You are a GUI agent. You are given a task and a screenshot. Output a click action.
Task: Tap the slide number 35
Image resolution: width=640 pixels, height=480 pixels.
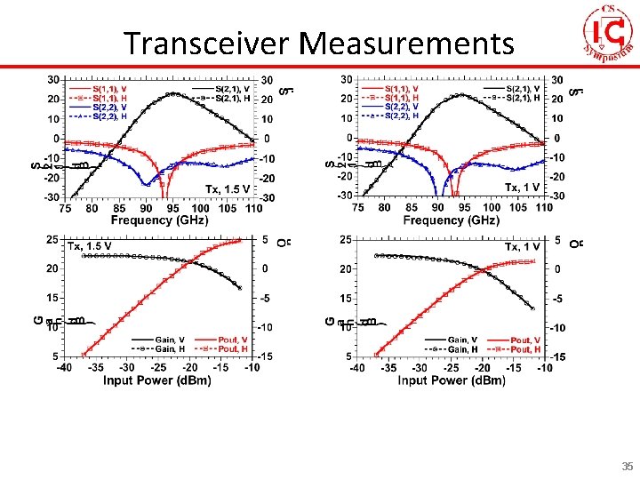tap(628, 467)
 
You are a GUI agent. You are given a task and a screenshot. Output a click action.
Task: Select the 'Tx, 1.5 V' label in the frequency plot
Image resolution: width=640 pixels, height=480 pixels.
tap(228, 189)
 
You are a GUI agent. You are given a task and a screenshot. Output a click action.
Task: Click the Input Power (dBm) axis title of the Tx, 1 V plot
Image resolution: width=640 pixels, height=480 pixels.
tap(452, 380)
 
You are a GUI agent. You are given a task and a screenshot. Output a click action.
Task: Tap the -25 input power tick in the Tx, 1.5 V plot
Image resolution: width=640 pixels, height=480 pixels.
tap(159, 368)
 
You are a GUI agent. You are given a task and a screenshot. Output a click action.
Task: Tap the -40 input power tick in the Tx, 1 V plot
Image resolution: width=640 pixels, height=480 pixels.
tap(356, 368)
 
